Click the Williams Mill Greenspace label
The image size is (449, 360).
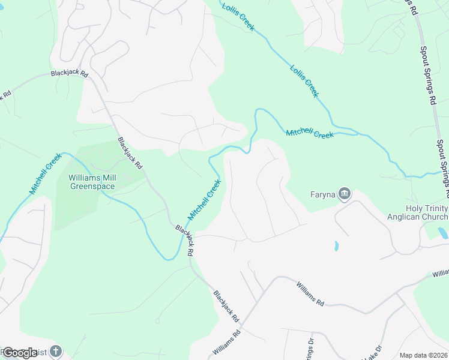pyautogui.click(x=92, y=182)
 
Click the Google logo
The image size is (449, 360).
pyautogui.click(x=20, y=353)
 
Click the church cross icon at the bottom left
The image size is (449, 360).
pyautogui.click(x=55, y=351)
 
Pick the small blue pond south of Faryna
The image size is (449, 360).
pyautogui.click(x=336, y=245)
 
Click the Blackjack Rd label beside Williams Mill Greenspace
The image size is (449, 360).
pyautogui.click(x=130, y=153)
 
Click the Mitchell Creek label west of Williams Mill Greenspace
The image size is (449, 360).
pyautogui.click(x=46, y=174)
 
